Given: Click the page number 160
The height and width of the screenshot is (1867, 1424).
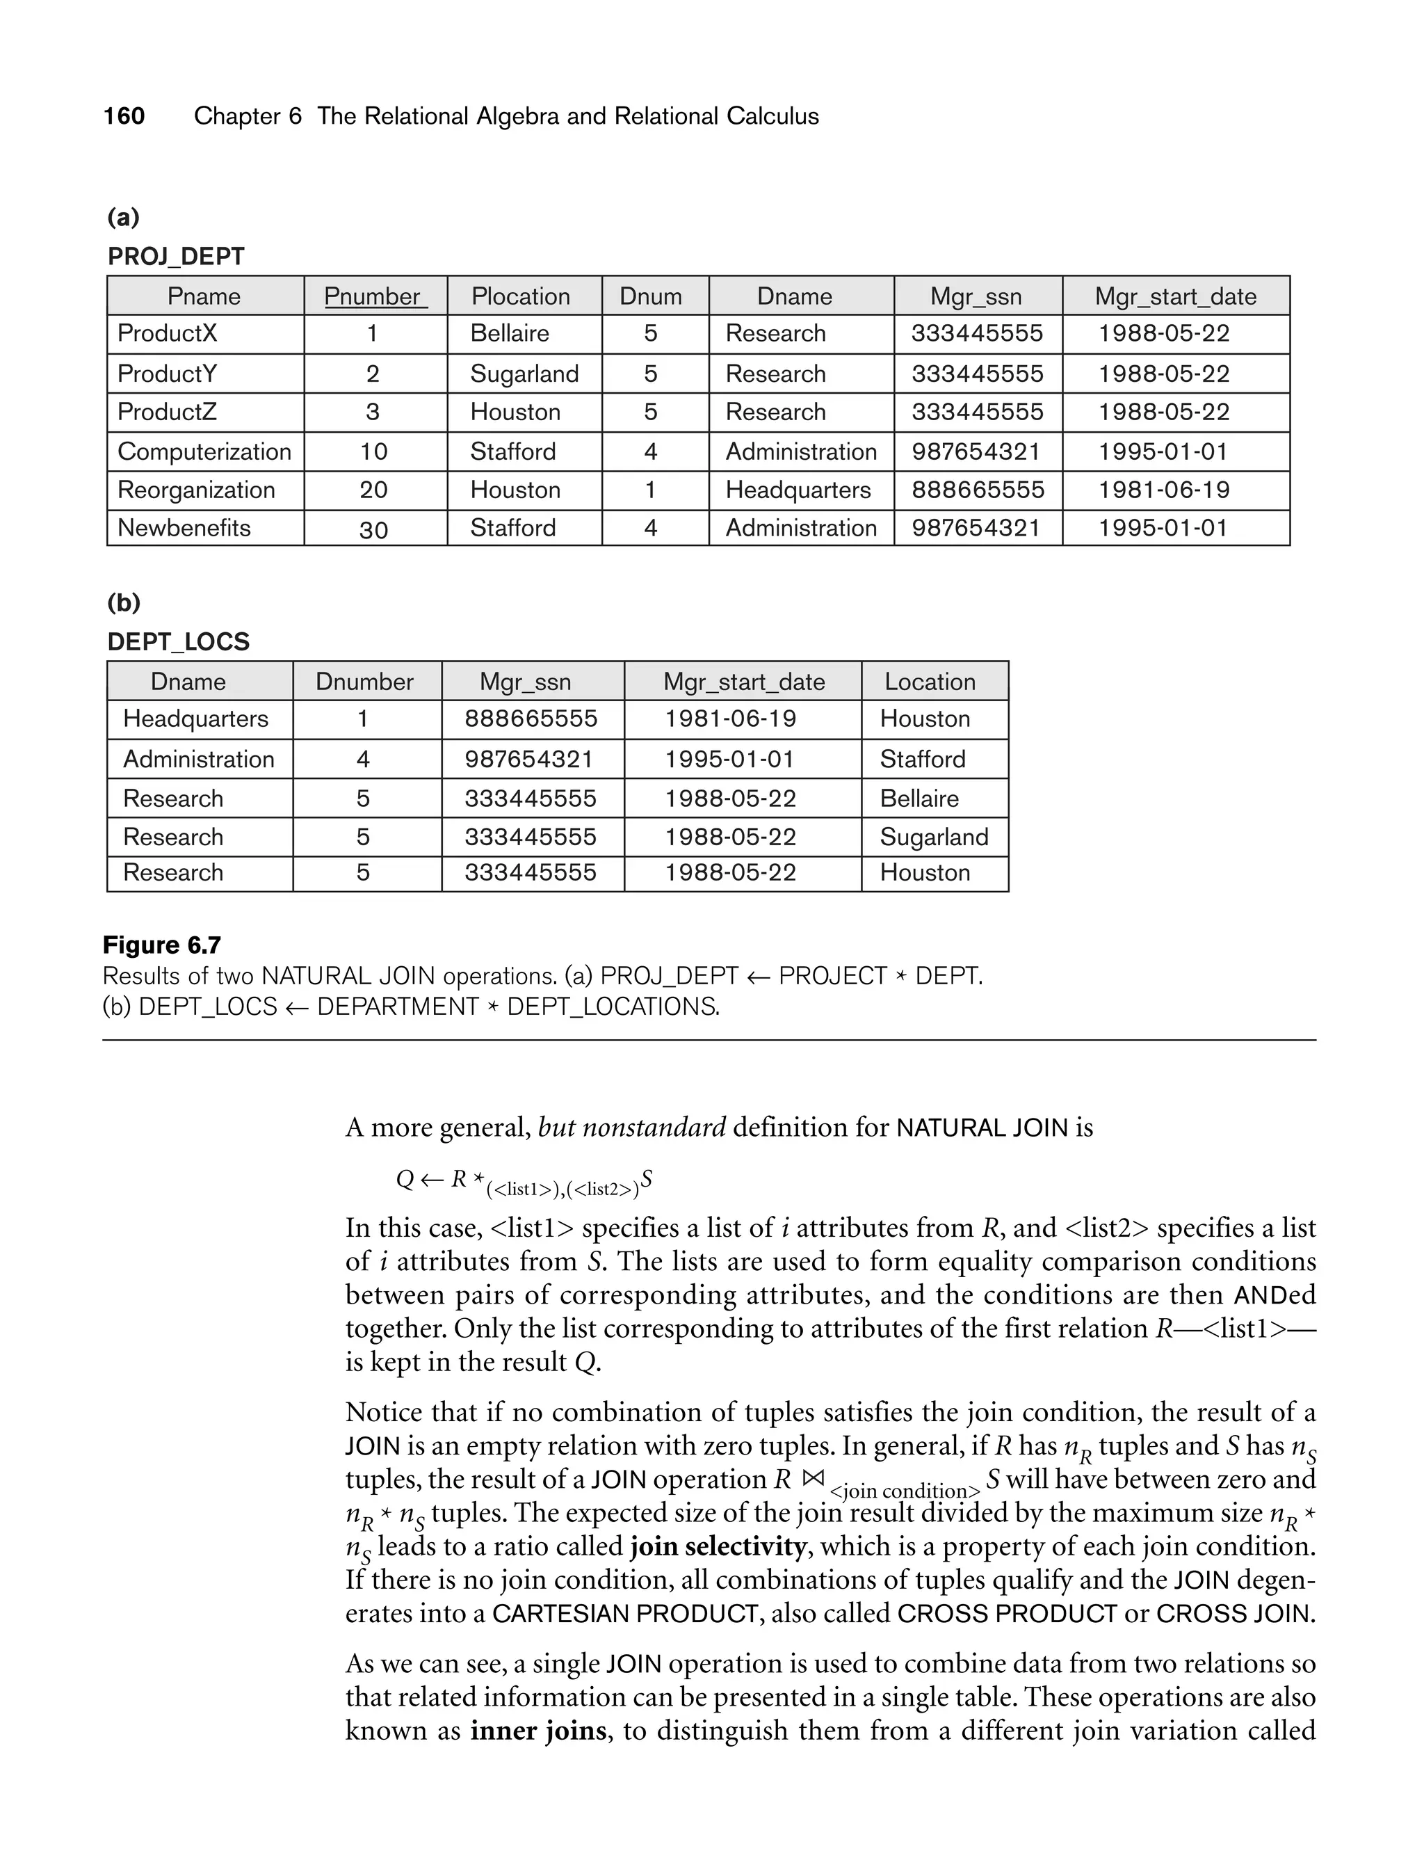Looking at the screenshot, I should pyautogui.click(x=124, y=116).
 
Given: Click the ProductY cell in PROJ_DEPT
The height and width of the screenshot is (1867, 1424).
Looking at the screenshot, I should pyautogui.click(x=167, y=374).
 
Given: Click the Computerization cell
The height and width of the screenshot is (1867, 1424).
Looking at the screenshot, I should pyautogui.click(x=204, y=452).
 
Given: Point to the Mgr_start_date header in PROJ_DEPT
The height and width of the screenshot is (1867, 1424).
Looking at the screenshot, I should pyautogui.click(x=1175, y=297).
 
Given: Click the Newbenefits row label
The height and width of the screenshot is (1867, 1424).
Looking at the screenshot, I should pyautogui.click(x=184, y=528).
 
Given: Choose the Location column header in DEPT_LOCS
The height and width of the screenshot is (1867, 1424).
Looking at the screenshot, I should pyautogui.click(x=930, y=682).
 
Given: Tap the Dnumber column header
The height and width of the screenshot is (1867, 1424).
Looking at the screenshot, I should pyautogui.click(x=364, y=682).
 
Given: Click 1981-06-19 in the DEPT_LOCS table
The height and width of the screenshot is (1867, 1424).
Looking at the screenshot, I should pyautogui.click(x=730, y=719).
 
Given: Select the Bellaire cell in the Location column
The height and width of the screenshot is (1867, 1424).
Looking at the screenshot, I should pyautogui.click(x=919, y=799).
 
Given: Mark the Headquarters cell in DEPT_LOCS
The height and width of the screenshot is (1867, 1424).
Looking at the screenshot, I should pyautogui.click(x=196, y=719).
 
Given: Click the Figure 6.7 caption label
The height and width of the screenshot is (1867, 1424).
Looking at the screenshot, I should pyautogui.click(x=162, y=945).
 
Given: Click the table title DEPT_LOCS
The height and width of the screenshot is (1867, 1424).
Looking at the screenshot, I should pyautogui.click(x=178, y=642).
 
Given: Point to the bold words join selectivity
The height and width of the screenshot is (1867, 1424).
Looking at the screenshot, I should pyautogui.click(x=718, y=1546).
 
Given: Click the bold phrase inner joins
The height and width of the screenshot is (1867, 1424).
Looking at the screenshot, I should pyautogui.click(x=538, y=1730).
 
